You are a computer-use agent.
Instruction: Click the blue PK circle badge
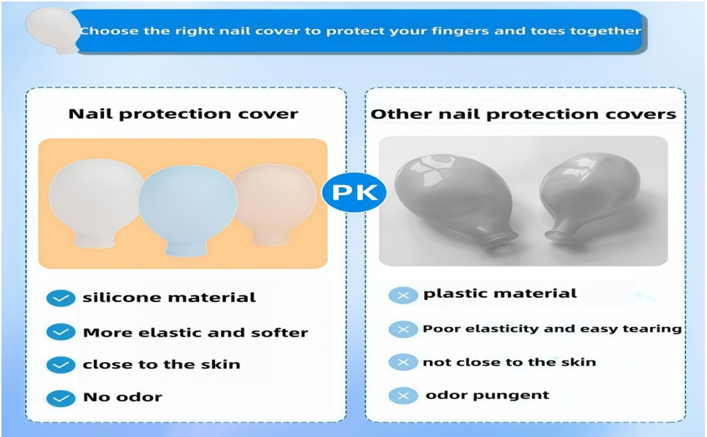pyautogui.click(x=354, y=192)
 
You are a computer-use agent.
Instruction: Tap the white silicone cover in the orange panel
pyautogui.click(x=95, y=202)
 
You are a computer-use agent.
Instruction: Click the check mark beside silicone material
pyautogui.click(x=61, y=298)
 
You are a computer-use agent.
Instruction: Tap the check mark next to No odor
pyautogui.click(x=61, y=398)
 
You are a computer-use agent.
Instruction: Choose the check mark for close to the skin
pyautogui.click(x=61, y=365)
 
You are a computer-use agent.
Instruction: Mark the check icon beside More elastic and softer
pyautogui.click(x=61, y=332)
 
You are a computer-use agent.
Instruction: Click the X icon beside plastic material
pyautogui.click(x=403, y=296)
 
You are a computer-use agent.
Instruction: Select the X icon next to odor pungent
pyautogui.click(x=403, y=396)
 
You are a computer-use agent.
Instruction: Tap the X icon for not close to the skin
pyautogui.click(x=403, y=362)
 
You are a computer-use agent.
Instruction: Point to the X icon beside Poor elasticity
pyautogui.click(x=403, y=329)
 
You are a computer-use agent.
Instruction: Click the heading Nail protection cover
pyautogui.click(x=183, y=114)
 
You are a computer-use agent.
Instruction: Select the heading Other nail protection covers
pyautogui.click(x=523, y=114)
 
